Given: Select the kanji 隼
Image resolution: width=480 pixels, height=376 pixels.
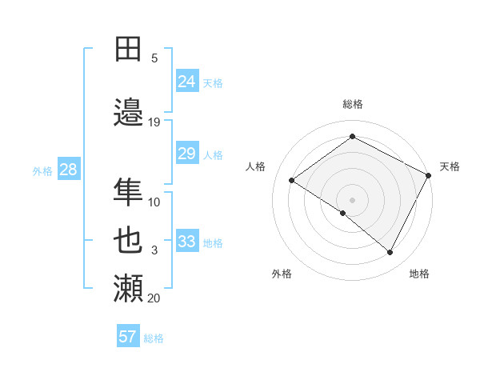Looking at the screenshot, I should click(x=129, y=191).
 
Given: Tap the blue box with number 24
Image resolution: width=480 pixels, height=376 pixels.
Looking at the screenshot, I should click(x=187, y=81).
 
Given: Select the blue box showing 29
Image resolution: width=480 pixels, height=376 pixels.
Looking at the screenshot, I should click(x=187, y=154).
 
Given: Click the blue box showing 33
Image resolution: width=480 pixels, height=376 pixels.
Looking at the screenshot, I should click(x=187, y=242).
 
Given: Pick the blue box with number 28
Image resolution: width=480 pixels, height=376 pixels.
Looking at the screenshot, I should click(x=68, y=170).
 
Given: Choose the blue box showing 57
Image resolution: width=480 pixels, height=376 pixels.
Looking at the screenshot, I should click(x=128, y=337).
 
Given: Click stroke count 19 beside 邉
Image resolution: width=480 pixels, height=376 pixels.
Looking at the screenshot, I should click(x=154, y=122).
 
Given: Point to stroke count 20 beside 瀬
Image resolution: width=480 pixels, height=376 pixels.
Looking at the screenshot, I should click(x=154, y=298).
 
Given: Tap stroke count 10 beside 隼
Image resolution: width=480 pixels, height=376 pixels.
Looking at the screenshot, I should click(x=154, y=202).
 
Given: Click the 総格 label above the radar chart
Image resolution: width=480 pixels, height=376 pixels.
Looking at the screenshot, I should click(x=352, y=104).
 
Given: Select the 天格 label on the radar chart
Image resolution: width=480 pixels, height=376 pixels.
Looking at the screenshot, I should click(x=450, y=166).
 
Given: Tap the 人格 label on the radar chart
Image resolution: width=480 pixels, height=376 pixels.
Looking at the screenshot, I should click(x=255, y=166).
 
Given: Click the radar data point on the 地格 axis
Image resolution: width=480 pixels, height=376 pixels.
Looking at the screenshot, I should click(x=390, y=253).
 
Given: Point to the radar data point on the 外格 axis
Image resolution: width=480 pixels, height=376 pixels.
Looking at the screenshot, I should click(x=343, y=213).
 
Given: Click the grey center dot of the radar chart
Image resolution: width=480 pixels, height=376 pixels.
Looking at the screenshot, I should click(x=352, y=199).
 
